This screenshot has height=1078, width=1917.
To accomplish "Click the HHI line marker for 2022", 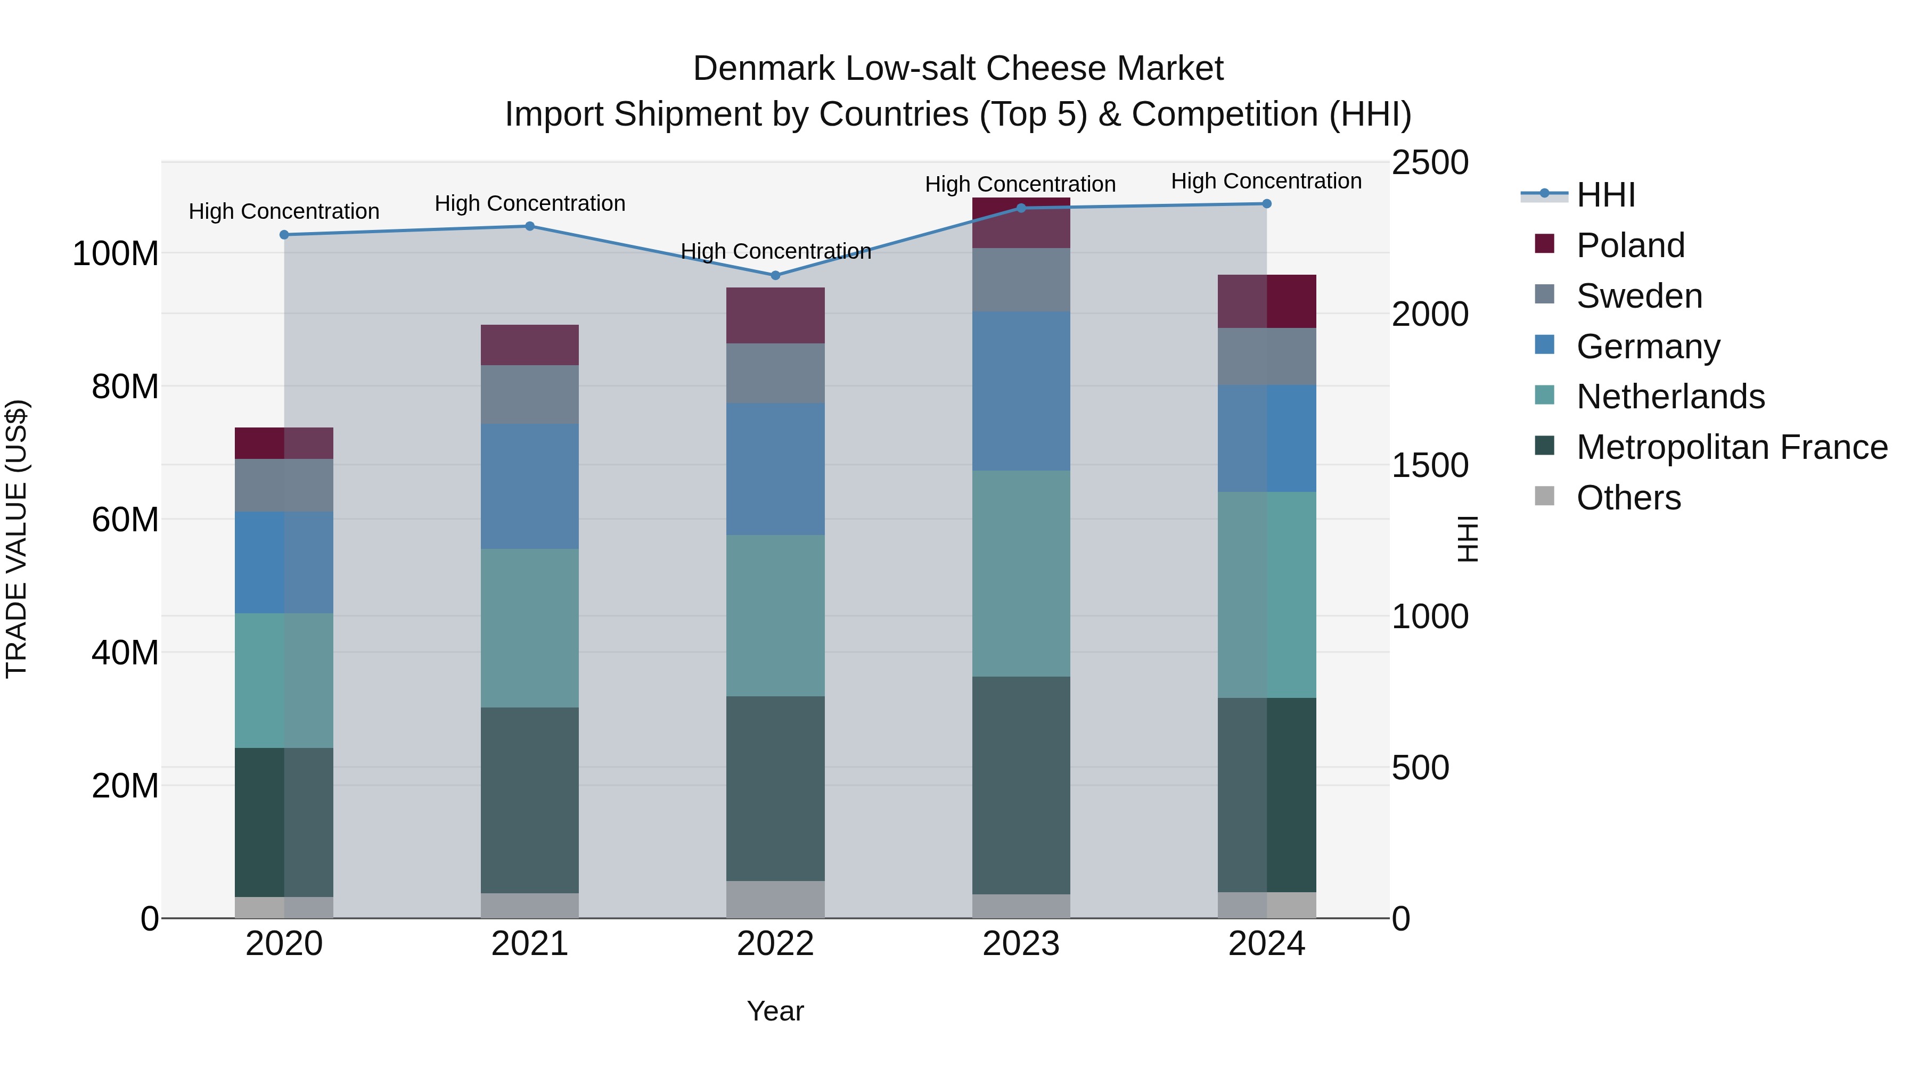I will [x=775, y=275].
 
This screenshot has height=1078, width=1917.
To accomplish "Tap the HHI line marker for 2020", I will [x=284, y=235].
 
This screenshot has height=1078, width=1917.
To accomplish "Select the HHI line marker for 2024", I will [x=1267, y=204].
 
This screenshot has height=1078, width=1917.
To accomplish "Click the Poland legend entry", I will [x=1630, y=245].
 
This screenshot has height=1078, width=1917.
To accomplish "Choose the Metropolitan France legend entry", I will [x=1731, y=447].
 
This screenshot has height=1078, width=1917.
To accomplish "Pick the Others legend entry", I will [x=1628, y=498].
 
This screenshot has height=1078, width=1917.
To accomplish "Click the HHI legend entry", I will [x=1605, y=195].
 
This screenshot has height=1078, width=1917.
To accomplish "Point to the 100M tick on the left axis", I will [x=116, y=254].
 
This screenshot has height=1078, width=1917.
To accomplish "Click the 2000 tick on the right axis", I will [x=1430, y=314].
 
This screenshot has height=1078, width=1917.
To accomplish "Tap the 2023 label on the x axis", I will [x=1021, y=944].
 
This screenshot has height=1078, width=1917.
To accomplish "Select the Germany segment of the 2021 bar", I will [x=530, y=487].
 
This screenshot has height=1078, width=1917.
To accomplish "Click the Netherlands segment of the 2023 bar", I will [x=1021, y=573].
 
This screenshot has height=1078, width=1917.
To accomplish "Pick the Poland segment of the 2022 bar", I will [x=775, y=316].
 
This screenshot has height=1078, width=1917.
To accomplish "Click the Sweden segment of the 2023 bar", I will [x=1021, y=279].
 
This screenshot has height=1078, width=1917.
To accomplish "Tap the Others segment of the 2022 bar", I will [x=775, y=900].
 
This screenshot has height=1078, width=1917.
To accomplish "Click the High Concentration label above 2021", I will [x=530, y=204].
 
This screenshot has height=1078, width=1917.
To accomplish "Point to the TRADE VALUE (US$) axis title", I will [x=17, y=539].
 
